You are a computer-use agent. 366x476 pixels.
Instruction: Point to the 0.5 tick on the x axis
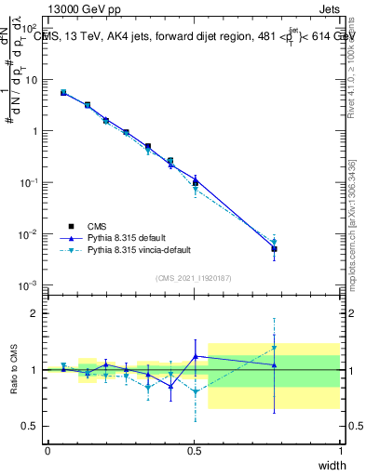[x=195, y=450]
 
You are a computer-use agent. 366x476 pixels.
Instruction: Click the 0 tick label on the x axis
[x=48, y=450]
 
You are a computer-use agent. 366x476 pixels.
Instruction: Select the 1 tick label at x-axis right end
[x=341, y=450]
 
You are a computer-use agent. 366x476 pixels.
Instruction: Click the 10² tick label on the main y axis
[x=31, y=29]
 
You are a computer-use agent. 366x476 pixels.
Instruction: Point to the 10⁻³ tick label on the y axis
[x=31, y=284]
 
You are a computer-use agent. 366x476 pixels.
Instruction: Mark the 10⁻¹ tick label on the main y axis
[x=31, y=182]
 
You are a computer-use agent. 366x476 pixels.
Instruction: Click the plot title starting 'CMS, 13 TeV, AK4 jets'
[x=195, y=36]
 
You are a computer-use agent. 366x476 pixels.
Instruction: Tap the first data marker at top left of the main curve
[x=63, y=93]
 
